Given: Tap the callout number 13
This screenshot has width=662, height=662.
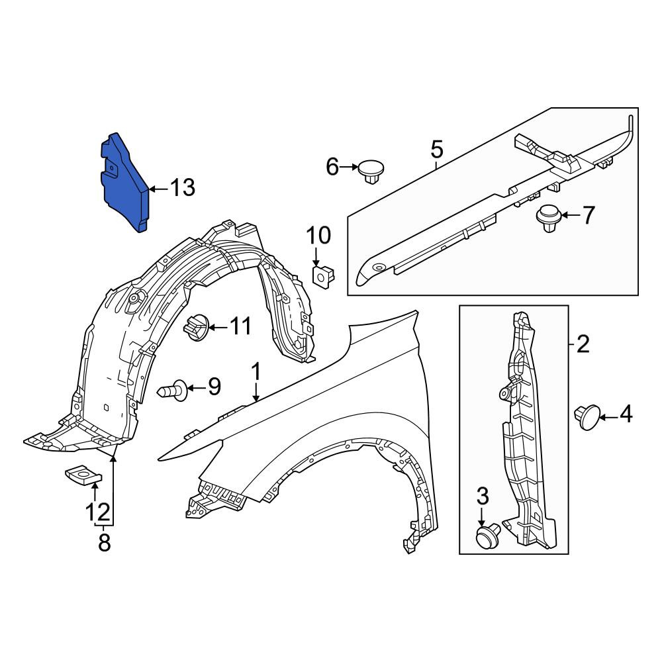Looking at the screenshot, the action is pyautogui.click(x=183, y=187).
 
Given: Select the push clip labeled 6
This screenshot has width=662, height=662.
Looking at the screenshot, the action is pyautogui.click(x=371, y=171).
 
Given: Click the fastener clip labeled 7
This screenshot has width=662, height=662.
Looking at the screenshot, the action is pyautogui.click(x=548, y=218).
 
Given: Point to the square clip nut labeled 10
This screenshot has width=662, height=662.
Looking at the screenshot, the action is pyautogui.click(x=323, y=275).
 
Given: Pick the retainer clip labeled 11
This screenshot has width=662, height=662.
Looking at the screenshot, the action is pyautogui.click(x=196, y=327).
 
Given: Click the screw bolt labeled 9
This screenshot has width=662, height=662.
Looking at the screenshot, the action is pyautogui.click(x=172, y=390).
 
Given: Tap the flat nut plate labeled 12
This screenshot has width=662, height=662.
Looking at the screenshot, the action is pyautogui.click(x=83, y=475).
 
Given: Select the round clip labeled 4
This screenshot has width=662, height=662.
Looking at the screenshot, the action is pyautogui.click(x=587, y=416).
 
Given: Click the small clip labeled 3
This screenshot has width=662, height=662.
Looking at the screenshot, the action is pyautogui.click(x=488, y=536).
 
